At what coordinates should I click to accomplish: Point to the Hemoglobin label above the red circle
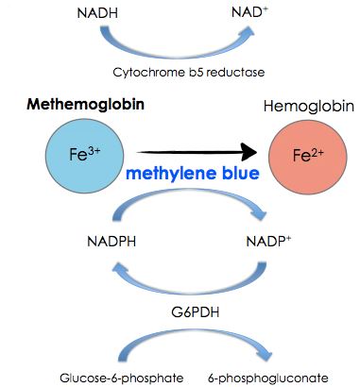[x=301, y=110]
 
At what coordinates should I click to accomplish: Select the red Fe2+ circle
[x=301, y=153]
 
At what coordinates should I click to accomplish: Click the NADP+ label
[x=267, y=243]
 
